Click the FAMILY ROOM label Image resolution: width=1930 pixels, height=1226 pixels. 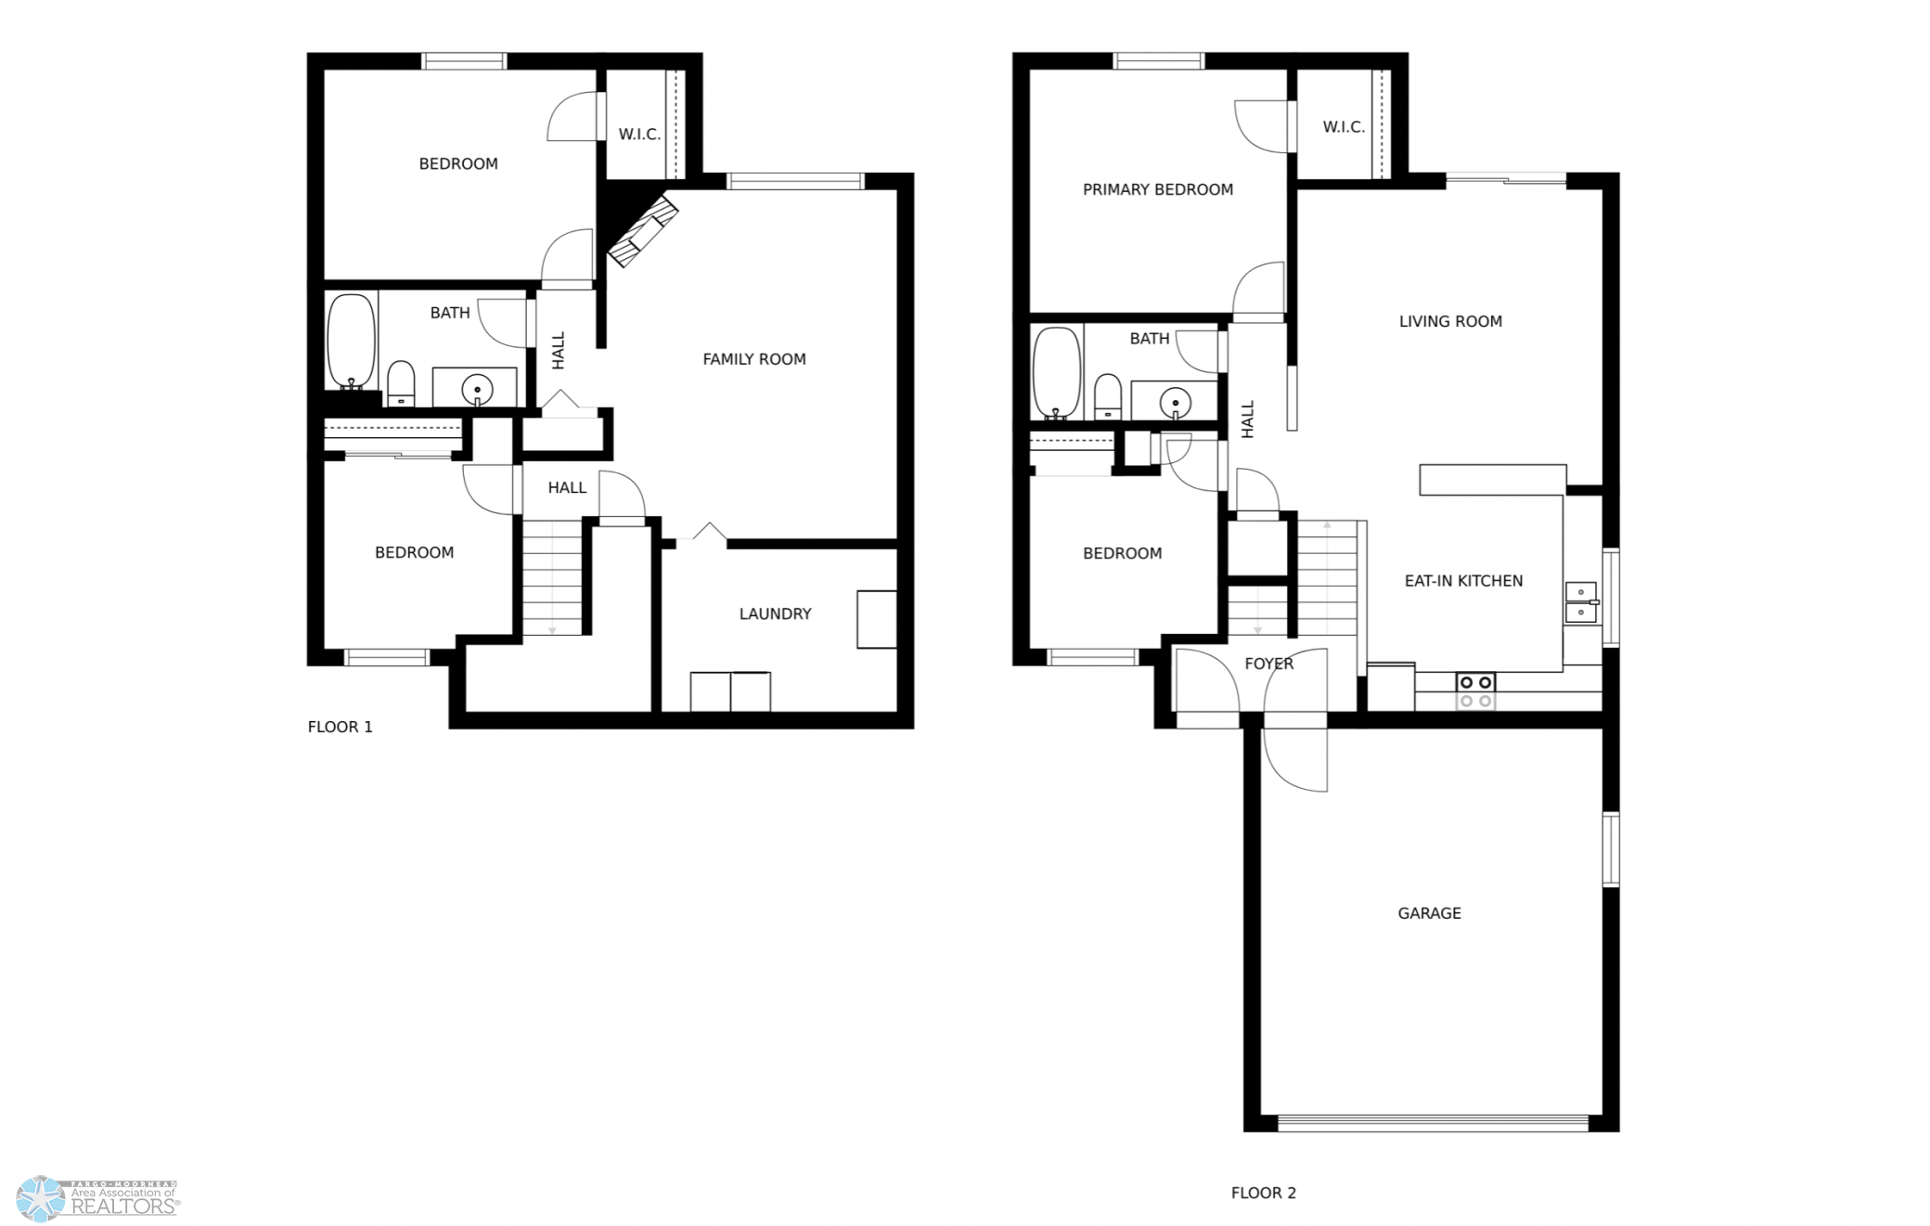[x=753, y=359]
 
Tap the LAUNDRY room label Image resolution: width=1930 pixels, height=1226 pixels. [x=775, y=613]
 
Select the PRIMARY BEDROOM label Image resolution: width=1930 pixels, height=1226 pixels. [x=1158, y=189]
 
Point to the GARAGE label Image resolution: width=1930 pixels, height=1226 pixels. [x=1429, y=913]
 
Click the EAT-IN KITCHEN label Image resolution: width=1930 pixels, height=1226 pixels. [x=1463, y=581]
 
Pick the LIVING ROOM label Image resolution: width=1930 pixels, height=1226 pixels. [x=1450, y=321]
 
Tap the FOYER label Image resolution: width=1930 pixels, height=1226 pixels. [x=1268, y=664]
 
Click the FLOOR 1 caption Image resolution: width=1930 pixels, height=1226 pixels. [x=340, y=727]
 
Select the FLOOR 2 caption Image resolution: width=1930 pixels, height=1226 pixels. [x=1263, y=1193]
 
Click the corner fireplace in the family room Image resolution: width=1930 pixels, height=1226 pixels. [x=642, y=230]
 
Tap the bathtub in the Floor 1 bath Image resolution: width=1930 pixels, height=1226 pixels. [x=352, y=342]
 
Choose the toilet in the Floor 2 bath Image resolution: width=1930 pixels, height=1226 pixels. [x=1107, y=396]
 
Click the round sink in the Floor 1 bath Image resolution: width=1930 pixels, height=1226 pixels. [x=477, y=388]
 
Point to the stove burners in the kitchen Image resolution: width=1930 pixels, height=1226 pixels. [x=1475, y=691]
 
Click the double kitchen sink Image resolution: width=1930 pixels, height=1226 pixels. [x=1581, y=602]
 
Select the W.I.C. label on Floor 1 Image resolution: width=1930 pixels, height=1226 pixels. [x=639, y=135]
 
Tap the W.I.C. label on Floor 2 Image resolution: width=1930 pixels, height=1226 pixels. [x=1344, y=127]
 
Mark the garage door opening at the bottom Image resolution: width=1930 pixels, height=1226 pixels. [x=1433, y=1123]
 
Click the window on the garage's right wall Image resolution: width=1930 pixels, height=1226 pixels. [x=1612, y=849]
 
